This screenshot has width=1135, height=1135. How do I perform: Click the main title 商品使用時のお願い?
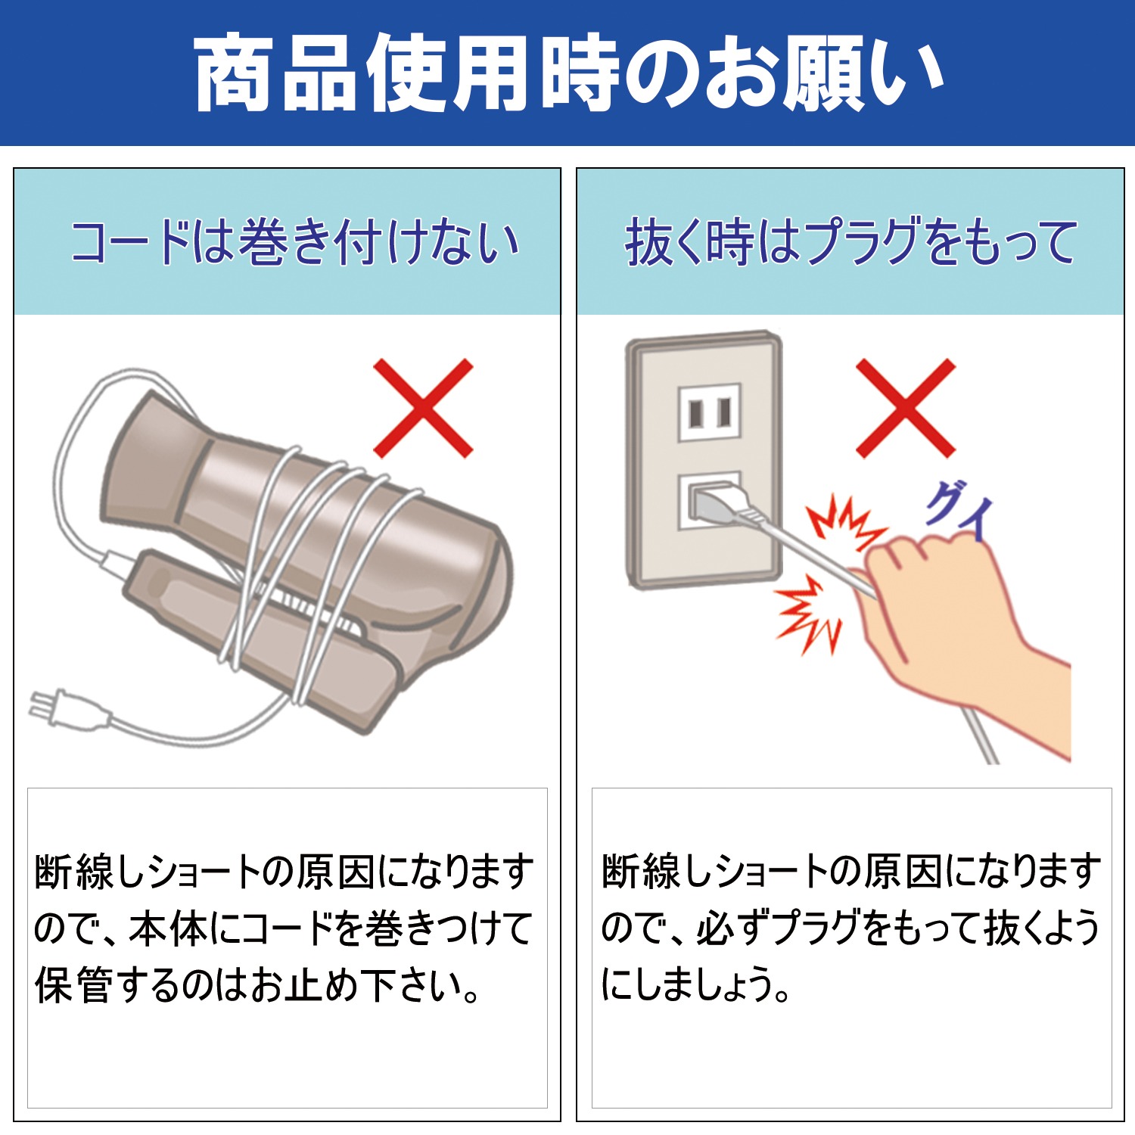coord(568,74)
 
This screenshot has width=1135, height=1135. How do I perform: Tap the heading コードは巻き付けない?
coord(295,244)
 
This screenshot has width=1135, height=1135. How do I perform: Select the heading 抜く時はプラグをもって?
coord(851,242)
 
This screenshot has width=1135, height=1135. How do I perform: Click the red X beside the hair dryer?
coord(424,409)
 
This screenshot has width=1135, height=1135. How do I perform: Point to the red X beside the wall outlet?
coord(906,409)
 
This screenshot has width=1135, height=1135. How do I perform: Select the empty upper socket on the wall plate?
coord(709,412)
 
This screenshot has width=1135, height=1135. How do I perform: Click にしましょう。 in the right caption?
coord(696,984)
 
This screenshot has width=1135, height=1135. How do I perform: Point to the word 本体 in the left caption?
coord(168,928)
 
